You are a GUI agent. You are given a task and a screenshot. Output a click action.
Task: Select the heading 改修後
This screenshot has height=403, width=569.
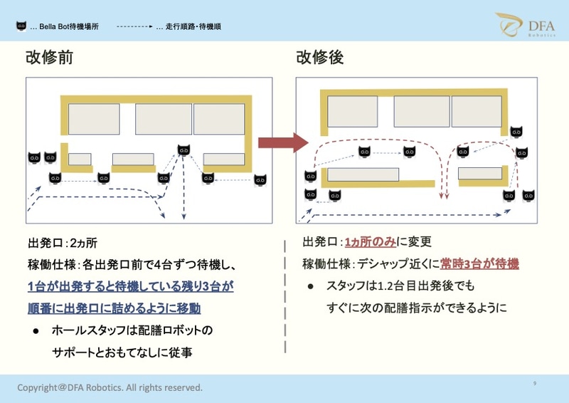click(x=320, y=57)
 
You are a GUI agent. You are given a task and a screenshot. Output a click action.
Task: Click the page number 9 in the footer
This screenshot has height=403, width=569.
click(x=534, y=384)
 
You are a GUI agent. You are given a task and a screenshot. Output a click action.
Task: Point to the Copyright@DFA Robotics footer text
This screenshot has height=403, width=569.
click(x=110, y=387)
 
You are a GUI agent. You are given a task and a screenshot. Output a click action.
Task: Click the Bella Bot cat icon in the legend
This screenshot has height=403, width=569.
click(x=21, y=26)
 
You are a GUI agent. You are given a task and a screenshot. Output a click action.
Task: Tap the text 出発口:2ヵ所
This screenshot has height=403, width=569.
click(x=62, y=244)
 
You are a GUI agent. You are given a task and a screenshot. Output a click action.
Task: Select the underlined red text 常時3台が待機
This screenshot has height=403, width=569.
click(x=479, y=263)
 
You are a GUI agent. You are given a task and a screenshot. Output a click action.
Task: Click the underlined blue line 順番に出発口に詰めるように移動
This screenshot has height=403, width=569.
click(x=114, y=308)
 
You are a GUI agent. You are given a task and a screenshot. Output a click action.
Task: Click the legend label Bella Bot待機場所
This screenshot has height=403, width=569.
click(x=69, y=26)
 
